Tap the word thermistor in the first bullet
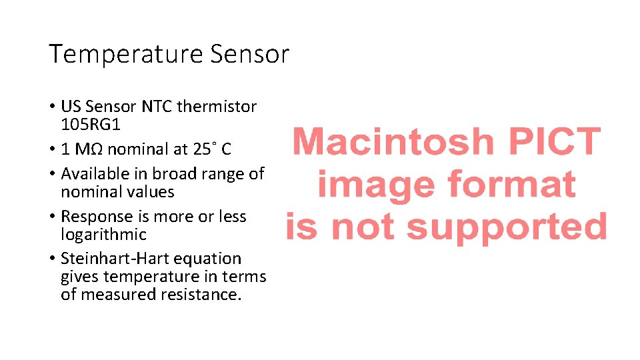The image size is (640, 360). pyautogui.click(x=223, y=107)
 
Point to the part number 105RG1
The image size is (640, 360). pyautogui.click(x=91, y=125)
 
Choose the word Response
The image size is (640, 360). pyautogui.click(x=94, y=217)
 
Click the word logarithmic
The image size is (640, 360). pyautogui.click(x=103, y=235)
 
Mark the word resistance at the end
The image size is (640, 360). pyautogui.click(x=201, y=295)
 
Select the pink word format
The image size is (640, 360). pyautogui.click(x=511, y=184)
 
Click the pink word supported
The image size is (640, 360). pyautogui.click(x=507, y=227)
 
